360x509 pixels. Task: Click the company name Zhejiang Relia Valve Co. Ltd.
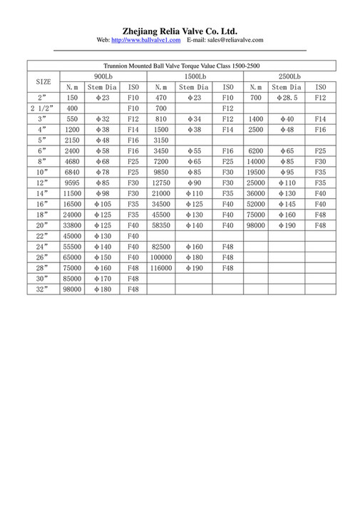[x=180, y=31]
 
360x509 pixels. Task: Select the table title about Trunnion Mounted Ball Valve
[x=179, y=66]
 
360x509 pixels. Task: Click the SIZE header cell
[x=43, y=81]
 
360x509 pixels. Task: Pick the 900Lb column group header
[x=103, y=76]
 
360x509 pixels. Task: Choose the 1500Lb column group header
[x=195, y=76]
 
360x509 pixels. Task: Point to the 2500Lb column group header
[x=289, y=76]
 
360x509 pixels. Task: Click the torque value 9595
[x=71, y=182]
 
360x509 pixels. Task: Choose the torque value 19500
[x=256, y=173]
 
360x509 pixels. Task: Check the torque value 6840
[x=71, y=173]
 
